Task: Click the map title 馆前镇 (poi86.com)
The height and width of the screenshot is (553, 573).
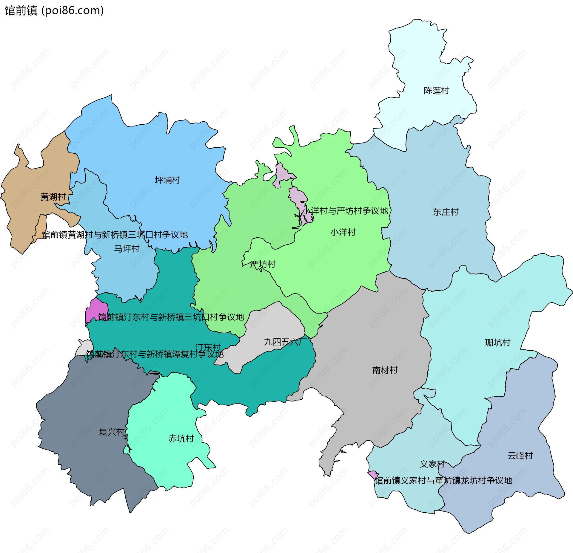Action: pos(54,10)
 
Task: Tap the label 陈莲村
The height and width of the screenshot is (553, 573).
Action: pos(436,91)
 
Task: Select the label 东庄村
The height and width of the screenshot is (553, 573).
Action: pos(446,212)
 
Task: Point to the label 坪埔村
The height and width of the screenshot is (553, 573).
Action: pos(167,180)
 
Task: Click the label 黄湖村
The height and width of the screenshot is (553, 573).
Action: pos(53,197)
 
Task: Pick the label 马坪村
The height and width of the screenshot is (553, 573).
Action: pos(127,249)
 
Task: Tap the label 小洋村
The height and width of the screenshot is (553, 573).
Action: pos(343,232)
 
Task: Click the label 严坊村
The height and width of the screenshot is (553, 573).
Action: pos(263,264)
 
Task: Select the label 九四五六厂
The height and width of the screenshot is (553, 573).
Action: pos(285,342)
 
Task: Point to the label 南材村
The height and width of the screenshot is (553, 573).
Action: pos(385,370)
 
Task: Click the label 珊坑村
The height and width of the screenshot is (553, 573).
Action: pos(497,343)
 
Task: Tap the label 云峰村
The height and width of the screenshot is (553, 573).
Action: pos(520,456)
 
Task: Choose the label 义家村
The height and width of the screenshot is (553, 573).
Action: pos(432,464)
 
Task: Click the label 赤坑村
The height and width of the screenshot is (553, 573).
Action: pos(181,439)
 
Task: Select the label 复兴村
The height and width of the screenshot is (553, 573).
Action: pos(112,432)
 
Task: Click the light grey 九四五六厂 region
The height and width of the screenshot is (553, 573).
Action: pos(269,326)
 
